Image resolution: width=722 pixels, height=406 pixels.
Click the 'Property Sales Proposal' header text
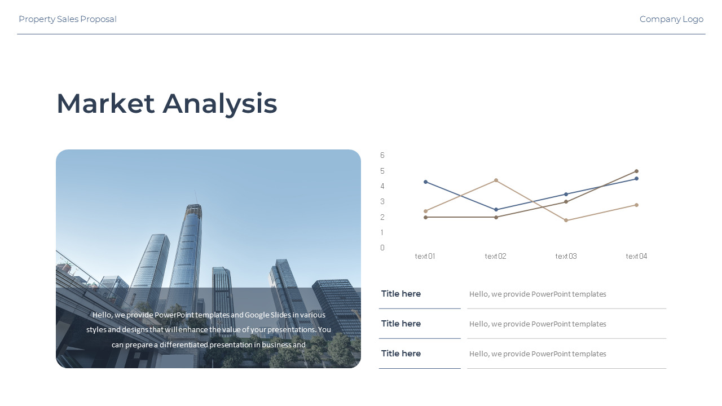(x=68, y=19)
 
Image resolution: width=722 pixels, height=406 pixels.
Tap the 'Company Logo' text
(x=671, y=19)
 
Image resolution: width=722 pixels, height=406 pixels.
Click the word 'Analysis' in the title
(x=219, y=104)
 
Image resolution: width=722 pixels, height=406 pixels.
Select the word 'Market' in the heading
(x=105, y=103)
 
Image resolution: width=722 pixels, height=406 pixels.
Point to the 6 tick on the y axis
(x=382, y=155)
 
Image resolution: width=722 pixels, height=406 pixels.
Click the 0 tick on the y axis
(x=382, y=248)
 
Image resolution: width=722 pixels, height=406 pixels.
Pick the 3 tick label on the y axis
(x=382, y=202)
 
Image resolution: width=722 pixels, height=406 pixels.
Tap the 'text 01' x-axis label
(x=425, y=256)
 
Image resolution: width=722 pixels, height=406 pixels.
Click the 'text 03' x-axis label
(x=566, y=256)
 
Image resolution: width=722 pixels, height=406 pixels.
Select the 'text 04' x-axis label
(x=636, y=256)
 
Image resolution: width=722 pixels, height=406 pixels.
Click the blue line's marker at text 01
(x=425, y=182)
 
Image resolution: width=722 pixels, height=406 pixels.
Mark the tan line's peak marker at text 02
(x=496, y=180)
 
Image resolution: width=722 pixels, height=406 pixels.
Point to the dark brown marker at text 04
(x=637, y=171)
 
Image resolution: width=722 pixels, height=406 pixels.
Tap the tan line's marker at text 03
(x=566, y=220)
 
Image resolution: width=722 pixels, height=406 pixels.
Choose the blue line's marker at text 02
(x=496, y=210)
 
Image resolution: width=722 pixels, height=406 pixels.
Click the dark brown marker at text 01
(x=425, y=218)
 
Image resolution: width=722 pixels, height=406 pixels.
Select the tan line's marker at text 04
(x=637, y=205)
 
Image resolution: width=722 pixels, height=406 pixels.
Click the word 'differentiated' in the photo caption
(x=184, y=345)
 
